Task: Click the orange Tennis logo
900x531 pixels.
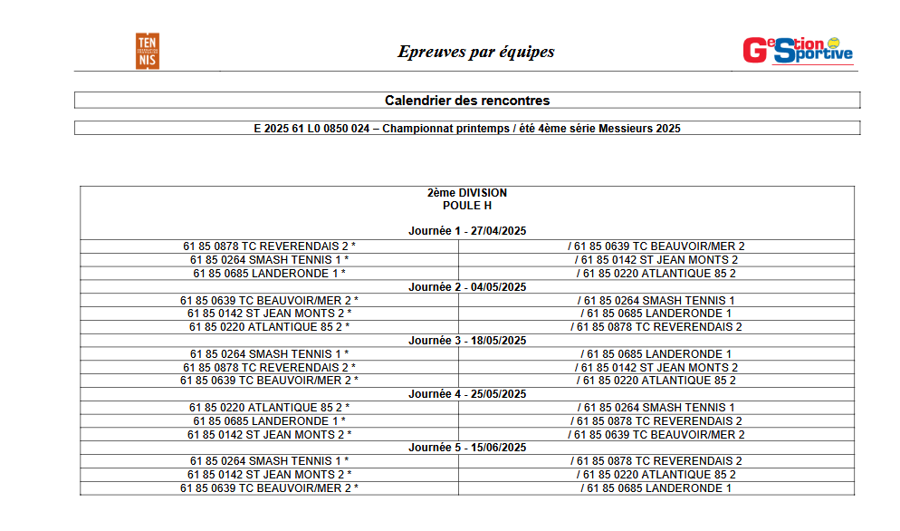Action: [148, 51]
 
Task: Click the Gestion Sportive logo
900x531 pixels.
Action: [798, 51]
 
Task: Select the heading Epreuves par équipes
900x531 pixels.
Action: [475, 52]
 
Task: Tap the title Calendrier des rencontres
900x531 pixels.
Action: [467, 101]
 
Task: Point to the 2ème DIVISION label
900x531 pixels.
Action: [467, 193]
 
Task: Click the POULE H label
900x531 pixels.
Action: [467, 206]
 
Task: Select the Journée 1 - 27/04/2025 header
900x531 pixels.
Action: [467, 232]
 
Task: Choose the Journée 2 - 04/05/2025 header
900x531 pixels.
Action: [467, 286]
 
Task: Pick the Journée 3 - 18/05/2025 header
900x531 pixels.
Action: [467, 341]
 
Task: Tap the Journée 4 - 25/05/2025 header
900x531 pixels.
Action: [467, 394]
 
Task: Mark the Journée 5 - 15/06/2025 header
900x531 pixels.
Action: [467, 448]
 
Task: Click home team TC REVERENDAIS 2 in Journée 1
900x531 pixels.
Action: [269, 246]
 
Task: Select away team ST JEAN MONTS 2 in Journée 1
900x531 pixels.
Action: [656, 260]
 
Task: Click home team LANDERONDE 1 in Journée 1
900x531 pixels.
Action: [269, 273]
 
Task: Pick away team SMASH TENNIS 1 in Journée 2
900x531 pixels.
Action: [656, 300]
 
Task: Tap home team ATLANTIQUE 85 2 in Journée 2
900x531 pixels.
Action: [269, 327]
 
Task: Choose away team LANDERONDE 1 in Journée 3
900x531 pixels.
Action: [656, 353]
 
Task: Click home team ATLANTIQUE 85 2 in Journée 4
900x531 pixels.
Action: [269, 408]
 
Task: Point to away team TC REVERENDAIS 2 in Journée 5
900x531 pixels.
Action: [656, 461]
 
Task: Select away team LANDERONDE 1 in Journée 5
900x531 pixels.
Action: [656, 488]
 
